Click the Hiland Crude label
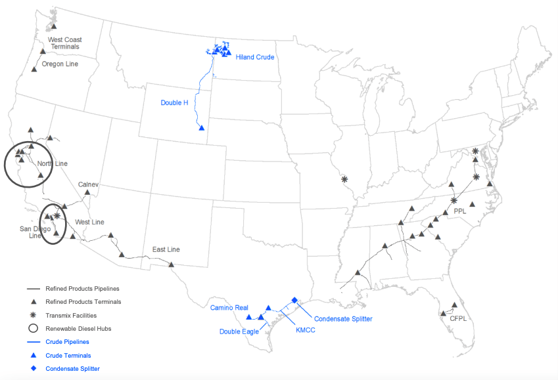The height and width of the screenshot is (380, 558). coord(255,57)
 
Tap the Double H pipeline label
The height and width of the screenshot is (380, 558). coord(174,102)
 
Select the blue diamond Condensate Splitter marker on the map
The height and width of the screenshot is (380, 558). coord(294,300)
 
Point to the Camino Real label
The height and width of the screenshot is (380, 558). coord(229,307)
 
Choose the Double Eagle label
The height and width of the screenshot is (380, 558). coord(239,331)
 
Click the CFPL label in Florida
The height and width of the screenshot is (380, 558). coord(458,318)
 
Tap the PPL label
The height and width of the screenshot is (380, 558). coord(460,212)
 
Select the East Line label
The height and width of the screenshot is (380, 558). coord(166,249)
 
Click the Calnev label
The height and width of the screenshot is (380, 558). coord(88,184)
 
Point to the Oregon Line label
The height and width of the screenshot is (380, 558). coord(60,64)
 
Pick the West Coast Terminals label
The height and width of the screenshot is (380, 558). coord(64,43)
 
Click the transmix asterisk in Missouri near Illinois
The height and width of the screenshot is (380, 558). coord(344,179)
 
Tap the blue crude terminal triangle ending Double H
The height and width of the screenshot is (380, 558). coord(202,127)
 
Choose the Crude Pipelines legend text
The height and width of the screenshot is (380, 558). coord(67,342)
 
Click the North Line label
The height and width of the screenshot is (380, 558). coord(52,163)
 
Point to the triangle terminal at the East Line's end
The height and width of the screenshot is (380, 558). coord(171,264)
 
